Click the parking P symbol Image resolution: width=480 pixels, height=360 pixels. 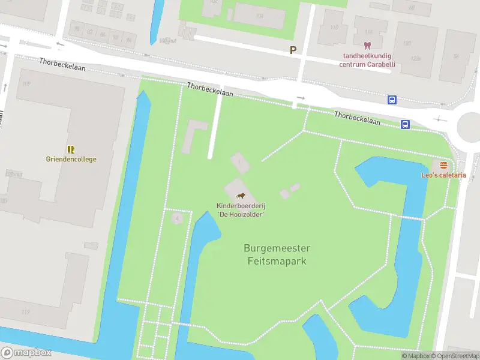coord(293,50)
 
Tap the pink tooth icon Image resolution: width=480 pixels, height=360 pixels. coord(367,46)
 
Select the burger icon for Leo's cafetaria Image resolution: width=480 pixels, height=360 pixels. coord(443,165)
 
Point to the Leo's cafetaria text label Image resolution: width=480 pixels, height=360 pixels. coord(443,175)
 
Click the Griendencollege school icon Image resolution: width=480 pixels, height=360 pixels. coord(71,149)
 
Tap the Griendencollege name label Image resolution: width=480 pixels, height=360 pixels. coord(71,160)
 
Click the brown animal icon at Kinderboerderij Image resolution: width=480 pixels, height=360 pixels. coord(241,196)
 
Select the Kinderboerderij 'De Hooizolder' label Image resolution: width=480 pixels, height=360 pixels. coord(241,209)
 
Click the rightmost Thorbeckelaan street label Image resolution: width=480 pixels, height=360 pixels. coord(358,118)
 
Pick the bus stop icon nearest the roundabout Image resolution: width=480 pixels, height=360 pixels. coord(405,124)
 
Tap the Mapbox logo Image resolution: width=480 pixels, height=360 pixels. coord(26,353)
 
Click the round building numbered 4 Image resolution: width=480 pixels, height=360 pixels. coord(176,218)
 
